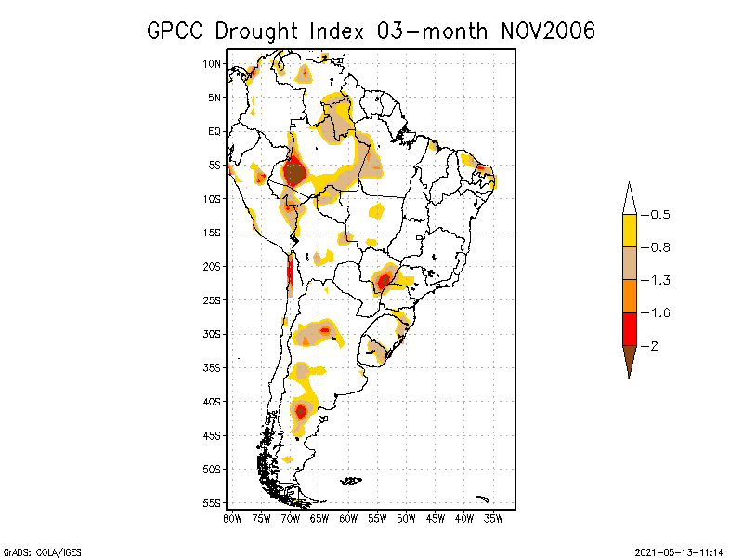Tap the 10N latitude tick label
pos(213,63)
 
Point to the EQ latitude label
pos(215,131)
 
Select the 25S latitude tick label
pos(213,299)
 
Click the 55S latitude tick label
pos(213,503)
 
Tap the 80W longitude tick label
pos(232,517)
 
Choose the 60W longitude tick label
pos(348,517)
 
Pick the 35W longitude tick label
pos(493,517)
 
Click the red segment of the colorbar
pos(629,328)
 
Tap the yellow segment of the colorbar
pos(629,231)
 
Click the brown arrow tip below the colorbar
pos(629,365)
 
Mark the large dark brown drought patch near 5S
pos(294,172)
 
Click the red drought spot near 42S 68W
pos(300,410)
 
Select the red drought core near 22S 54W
pos(384,280)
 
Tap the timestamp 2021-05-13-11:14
pos(679,551)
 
